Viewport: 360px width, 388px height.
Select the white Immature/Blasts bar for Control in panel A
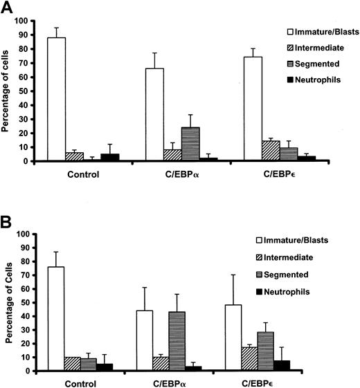(x=56, y=100)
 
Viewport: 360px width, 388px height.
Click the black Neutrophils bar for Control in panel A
(x=110, y=158)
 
